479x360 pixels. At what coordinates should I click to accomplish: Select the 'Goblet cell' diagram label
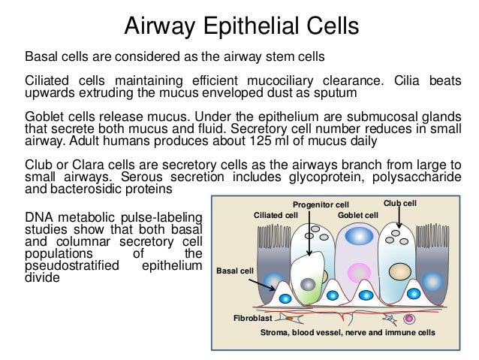pyautogui.click(x=358, y=215)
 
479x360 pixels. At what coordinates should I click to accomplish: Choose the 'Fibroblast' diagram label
pyautogui.click(x=252, y=319)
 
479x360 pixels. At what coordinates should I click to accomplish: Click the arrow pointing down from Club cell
pyautogui.click(x=399, y=217)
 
